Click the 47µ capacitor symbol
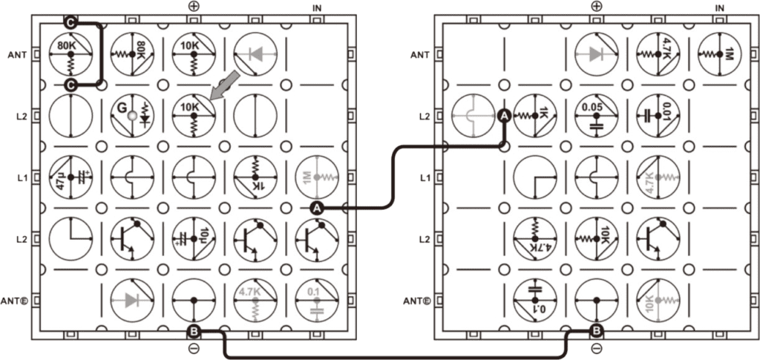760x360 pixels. coord(71,177)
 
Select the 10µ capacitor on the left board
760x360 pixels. coord(194,239)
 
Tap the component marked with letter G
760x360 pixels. coord(132,116)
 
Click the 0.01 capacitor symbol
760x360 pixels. coord(658,116)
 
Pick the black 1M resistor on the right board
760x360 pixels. coord(719,54)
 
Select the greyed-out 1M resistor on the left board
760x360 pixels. coord(317,177)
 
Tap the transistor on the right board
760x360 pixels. coord(658,239)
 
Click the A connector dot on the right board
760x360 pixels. coord(504,116)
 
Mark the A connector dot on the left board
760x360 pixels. coord(318,209)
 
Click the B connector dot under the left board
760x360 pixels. coord(194,332)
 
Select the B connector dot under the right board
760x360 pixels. coord(596,332)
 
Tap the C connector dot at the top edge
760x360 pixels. coord(71,22)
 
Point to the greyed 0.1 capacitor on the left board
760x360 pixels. coord(317,301)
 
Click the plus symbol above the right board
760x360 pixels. coord(596,6)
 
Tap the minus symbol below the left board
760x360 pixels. coord(194,349)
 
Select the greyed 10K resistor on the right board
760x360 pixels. coord(658,301)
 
